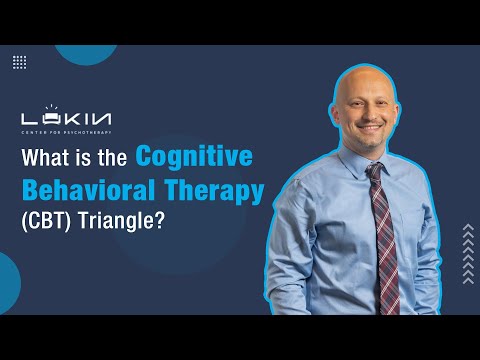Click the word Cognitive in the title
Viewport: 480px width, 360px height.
[194, 156]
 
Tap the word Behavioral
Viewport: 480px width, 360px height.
[88, 190]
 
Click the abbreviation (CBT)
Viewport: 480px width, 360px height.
[46, 221]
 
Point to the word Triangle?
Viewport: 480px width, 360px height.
[121, 221]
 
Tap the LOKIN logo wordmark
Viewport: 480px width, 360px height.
[66, 119]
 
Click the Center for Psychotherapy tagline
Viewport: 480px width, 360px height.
[66, 133]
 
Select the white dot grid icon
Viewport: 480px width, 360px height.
[20, 62]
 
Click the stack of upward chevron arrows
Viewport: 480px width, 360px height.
[468, 254]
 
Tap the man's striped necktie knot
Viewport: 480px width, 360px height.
[375, 169]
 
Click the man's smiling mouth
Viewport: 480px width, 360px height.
[369, 128]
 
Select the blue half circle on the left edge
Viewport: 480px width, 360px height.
[10, 283]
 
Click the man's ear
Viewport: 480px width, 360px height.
[334, 115]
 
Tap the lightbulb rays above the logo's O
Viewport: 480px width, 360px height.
[52, 107]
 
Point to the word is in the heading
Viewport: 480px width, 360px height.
[84, 157]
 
